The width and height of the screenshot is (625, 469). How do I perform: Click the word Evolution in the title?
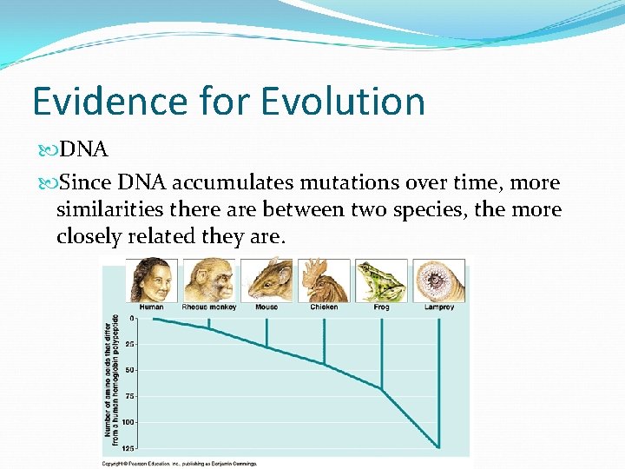(343, 102)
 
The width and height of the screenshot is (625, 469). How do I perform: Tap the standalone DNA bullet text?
(83, 150)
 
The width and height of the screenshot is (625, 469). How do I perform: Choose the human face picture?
(152, 281)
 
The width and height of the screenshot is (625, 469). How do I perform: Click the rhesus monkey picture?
(209, 281)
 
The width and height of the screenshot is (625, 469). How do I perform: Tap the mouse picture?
(266, 281)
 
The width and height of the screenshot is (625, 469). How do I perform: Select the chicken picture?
(324, 281)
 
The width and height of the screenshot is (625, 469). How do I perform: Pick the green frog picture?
(381, 281)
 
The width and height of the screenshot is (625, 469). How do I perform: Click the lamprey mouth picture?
(438, 281)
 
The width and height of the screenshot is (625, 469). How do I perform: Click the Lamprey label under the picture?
(439, 307)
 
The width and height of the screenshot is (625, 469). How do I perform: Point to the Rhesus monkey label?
(209, 307)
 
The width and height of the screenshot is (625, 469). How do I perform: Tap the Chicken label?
(324, 307)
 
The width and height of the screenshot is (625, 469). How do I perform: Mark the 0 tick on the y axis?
(132, 319)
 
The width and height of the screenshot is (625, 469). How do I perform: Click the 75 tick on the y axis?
(130, 396)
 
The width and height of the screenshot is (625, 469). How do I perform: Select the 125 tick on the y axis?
(128, 448)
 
